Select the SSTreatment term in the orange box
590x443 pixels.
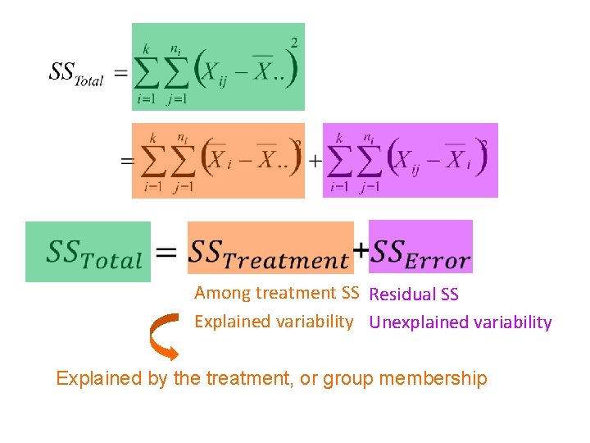pyautogui.click(x=270, y=253)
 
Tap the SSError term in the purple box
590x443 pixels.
pyautogui.click(x=421, y=252)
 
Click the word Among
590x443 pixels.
pyautogui.click(x=222, y=293)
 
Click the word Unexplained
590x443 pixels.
pyautogui.click(x=416, y=322)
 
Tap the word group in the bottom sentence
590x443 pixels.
pyautogui.click(x=350, y=379)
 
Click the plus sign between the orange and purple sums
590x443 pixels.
pyautogui.click(x=314, y=161)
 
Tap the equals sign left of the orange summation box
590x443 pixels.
pyautogui.click(x=127, y=161)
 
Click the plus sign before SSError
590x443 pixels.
pyautogui.click(x=361, y=249)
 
